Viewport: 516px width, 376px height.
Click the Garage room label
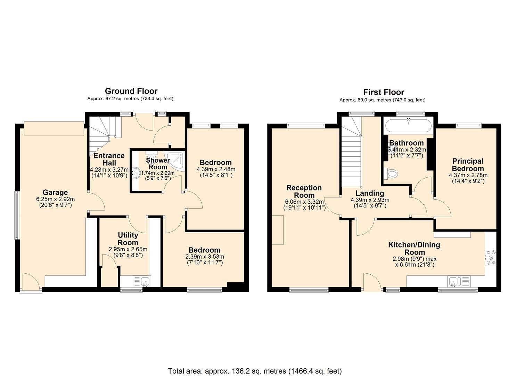coord(55,192)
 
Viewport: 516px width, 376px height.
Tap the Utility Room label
coord(128,239)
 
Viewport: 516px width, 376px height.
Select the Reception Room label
coord(304,191)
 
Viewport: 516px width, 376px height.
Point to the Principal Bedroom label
coord(468,165)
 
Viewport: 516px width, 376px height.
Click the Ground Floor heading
coord(131,91)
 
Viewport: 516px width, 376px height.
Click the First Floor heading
coord(384,92)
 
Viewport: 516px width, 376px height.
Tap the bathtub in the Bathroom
coord(408,125)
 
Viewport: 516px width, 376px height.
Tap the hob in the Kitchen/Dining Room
coord(491,257)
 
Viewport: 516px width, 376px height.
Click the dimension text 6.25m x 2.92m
coord(55,199)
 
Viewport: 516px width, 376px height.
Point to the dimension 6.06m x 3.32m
coord(304,202)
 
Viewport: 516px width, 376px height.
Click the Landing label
coord(370,193)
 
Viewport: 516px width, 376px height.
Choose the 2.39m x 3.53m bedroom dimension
coord(205,257)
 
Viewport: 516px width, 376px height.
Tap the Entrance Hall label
coord(109,159)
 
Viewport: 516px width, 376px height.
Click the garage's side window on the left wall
coord(17,215)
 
